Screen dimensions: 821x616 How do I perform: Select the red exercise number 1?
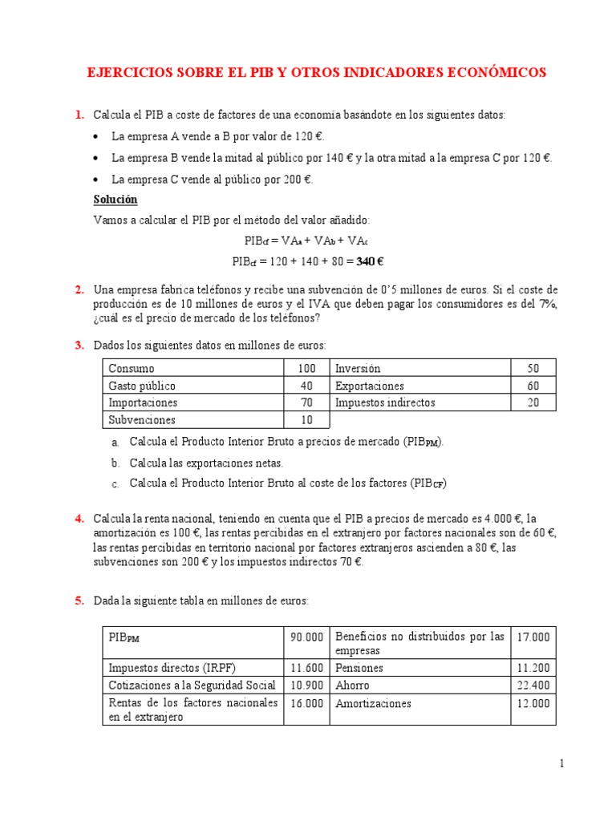[x=79, y=115]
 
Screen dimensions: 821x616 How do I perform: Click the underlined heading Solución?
[x=115, y=199]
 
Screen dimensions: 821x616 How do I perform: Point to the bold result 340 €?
[x=369, y=261]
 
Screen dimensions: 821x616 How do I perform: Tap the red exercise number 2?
[x=79, y=289]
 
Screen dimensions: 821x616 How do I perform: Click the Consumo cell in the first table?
[x=132, y=369]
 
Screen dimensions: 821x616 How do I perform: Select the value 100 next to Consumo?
[x=307, y=369]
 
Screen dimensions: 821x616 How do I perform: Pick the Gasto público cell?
[x=142, y=386]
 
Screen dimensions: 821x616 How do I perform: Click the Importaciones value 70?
[x=307, y=402]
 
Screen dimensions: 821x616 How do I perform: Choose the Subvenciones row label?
[x=142, y=420]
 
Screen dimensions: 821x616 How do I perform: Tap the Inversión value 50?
[x=533, y=369]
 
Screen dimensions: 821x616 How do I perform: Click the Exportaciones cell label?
[x=370, y=386]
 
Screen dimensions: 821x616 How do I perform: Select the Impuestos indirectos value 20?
[x=533, y=402]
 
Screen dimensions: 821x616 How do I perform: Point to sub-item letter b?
[x=115, y=463]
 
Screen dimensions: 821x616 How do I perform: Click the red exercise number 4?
[x=79, y=519]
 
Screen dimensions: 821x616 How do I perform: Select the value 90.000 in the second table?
[x=306, y=637]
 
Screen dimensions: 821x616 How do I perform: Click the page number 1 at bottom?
[x=562, y=764]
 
